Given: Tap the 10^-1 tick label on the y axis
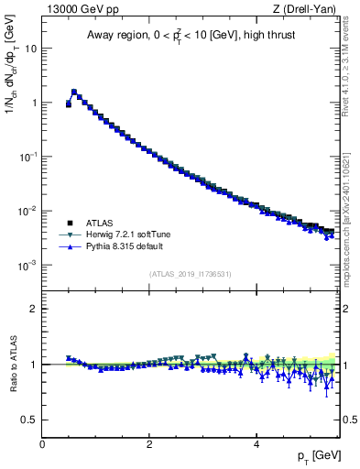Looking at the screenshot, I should [29, 156].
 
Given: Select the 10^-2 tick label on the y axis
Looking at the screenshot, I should [29, 211].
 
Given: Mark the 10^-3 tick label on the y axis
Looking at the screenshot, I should [29, 265].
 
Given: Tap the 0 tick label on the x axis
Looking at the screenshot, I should [42, 444].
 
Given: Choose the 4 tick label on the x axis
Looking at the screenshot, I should [256, 444].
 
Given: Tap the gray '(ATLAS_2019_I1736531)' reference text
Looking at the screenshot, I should [191, 273].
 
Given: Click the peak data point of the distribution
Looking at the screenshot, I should [74, 92].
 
